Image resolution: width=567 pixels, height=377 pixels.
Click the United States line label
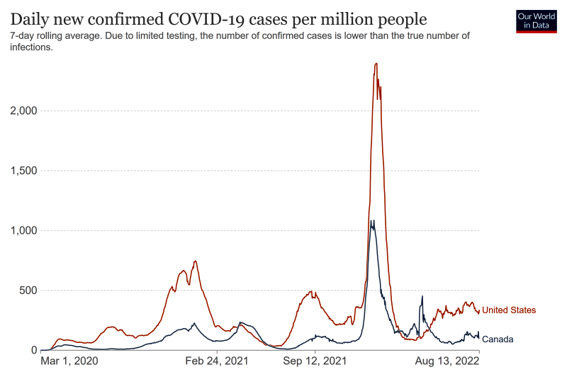509,310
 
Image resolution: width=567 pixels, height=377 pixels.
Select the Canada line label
498,339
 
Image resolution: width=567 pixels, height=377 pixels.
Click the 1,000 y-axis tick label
23,230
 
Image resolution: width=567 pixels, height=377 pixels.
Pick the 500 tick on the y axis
27,291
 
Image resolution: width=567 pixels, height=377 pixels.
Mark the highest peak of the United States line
376,64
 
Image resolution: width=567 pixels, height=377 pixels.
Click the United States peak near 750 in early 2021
195,261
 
